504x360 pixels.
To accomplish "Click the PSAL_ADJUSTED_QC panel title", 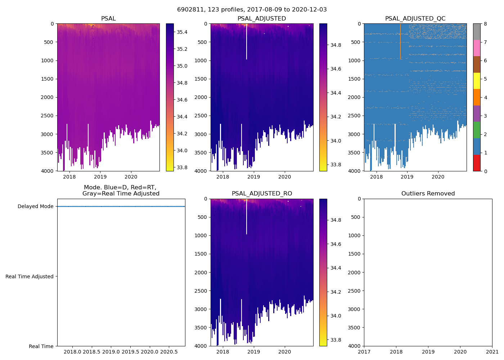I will [x=415, y=19].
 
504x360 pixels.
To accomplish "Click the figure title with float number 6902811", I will [x=252, y=10].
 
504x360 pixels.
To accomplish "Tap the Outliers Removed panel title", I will [x=428, y=194].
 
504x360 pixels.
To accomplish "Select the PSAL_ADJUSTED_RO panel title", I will [x=262, y=194].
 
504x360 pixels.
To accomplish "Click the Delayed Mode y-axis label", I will [x=35, y=206].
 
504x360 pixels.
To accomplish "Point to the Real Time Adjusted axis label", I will [x=30, y=276].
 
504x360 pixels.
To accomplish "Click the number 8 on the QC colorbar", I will [x=485, y=24].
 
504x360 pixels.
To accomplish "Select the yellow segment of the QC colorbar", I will [x=477, y=81].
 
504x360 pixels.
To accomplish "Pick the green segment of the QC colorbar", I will [x=477, y=130].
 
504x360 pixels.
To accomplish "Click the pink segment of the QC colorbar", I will [x=477, y=48].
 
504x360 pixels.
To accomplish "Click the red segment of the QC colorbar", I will [x=477, y=163].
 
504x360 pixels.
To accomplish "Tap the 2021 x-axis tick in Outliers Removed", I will [x=492, y=352].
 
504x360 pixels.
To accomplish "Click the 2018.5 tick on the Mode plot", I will [x=92, y=352].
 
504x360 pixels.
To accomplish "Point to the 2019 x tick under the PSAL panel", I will [x=100, y=177].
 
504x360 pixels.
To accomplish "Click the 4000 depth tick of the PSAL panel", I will [x=47, y=171].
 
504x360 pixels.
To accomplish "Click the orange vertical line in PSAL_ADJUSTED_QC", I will [x=400, y=41].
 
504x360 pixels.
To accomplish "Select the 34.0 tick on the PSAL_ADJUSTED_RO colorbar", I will [x=336, y=316].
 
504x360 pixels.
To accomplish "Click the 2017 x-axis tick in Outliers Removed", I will [x=364, y=352].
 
